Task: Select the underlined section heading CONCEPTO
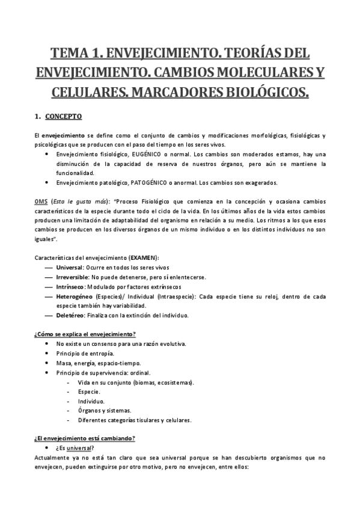(65, 116)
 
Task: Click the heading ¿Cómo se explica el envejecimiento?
(84, 334)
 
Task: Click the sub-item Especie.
(88, 392)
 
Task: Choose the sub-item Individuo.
(91, 401)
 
